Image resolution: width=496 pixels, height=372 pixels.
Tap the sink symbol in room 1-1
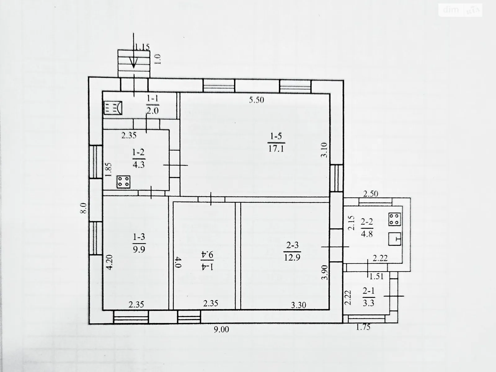113,108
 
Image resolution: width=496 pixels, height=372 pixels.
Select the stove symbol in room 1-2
123,182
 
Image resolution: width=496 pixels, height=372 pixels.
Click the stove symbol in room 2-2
395,219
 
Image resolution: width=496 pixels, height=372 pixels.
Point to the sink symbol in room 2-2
395,239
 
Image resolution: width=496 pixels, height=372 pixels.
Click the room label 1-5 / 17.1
276,143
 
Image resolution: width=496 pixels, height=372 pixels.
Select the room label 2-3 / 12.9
292,251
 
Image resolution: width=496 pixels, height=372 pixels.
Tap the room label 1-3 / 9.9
139,243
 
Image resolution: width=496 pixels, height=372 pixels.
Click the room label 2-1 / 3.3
369,297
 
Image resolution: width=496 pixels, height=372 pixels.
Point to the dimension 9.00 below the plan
221,330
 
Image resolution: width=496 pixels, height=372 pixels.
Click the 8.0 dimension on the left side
84,208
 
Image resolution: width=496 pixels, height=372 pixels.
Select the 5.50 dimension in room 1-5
256,100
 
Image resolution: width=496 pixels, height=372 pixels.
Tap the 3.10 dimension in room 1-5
324,150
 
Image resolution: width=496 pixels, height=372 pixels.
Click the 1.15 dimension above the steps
142,47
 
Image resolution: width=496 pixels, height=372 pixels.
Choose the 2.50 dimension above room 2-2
370,194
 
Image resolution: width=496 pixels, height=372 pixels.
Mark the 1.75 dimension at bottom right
363,327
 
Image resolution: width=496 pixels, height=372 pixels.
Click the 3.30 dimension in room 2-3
299,305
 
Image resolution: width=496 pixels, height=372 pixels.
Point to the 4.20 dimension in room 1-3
109,262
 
